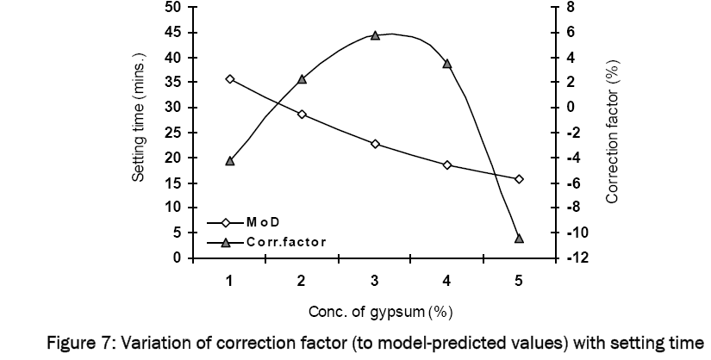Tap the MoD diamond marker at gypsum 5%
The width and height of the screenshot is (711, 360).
tap(519, 179)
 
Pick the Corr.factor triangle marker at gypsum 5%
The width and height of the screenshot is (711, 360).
tap(519, 238)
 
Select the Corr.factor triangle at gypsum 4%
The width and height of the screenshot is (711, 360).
tap(447, 64)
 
